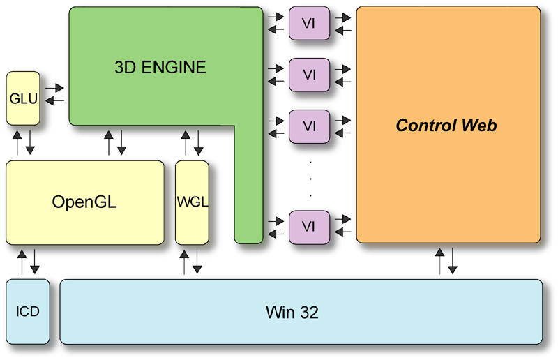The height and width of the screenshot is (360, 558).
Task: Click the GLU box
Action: [x=23, y=98]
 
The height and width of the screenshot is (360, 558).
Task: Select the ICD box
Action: [x=28, y=311]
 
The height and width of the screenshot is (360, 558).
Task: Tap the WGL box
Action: [x=192, y=202]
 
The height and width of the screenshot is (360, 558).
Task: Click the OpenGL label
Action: [x=84, y=202]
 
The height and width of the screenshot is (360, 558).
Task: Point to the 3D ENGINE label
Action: [x=160, y=68]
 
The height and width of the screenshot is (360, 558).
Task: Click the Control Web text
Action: [x=446, y=126]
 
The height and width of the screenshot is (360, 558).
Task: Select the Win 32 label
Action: [x=292, y=312]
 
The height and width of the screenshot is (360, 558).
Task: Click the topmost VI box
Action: [x=309, y=22]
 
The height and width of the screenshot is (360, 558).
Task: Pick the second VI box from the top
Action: [x=309, y=75]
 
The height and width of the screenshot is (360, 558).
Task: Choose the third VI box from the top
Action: [x=309, y=126]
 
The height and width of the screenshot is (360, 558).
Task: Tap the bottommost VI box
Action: [x=309, y=227]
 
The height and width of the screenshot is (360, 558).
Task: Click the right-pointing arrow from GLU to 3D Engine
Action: [x=54, y=89]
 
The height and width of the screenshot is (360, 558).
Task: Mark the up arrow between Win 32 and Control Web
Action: [x=439, y=261]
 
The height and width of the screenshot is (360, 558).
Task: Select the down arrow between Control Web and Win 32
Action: [x=453, y=261]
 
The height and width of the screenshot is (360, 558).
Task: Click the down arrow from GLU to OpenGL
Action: [x=31, y=142]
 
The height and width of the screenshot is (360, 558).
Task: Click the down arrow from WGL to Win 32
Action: [x=198, y=261]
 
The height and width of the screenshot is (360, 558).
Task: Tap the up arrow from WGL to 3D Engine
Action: [x=185, y=142]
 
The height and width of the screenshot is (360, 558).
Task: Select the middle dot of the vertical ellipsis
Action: [x=309, y=178]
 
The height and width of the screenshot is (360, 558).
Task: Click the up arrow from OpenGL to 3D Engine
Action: [x=108, y=142]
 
